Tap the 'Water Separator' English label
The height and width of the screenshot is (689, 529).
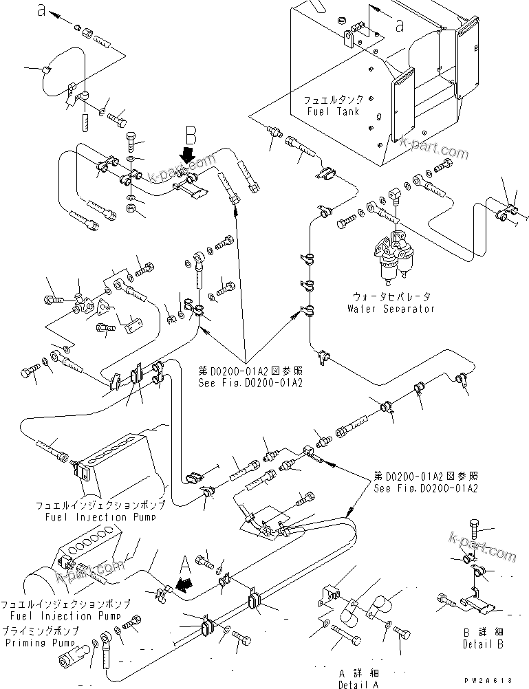(x=391, y=309)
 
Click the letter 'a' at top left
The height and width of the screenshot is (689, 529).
(x=43, y=10)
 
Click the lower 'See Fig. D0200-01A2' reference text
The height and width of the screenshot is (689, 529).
(x=426, y=488)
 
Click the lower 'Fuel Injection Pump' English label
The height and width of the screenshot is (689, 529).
(x=61, y=616)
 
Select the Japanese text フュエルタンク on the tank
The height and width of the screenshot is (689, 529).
(x=335, y=100)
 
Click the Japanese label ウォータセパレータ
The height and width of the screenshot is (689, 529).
(x=392, y=296)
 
